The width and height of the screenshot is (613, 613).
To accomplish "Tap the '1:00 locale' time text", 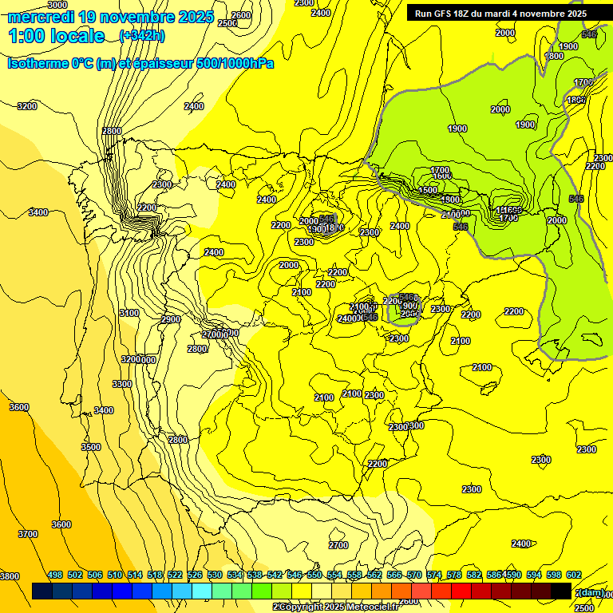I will [x=57, y=36].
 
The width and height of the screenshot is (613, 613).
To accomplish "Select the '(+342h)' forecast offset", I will [x=143, y=36].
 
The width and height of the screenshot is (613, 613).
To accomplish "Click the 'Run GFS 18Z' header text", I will [x=448, y=14].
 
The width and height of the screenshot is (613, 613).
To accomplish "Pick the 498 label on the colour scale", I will [x=55, y=575].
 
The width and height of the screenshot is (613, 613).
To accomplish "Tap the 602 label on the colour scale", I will [x=574, y=575].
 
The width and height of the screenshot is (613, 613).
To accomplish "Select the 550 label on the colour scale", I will [x=314, y=575].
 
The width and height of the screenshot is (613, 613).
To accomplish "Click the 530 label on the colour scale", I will [x=215, y=575].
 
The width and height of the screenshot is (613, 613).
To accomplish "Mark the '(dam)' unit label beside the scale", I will [x=589, y=592].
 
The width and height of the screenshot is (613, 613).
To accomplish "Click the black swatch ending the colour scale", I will [x=561, y=591].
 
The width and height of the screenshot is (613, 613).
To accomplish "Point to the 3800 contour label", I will [x=9, y=576].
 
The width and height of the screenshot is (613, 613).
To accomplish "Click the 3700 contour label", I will [x=28, y=534].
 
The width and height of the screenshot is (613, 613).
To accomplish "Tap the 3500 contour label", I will [x=91, y=448].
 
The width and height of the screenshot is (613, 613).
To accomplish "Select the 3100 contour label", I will [x=129, y=313].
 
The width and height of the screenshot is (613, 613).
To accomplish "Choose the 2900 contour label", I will [x=171, y=319].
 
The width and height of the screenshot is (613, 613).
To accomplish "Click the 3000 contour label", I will [x=57, y=5].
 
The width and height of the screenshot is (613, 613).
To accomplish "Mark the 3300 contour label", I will [x=122, y=384].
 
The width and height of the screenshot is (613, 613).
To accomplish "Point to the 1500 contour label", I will [x=429, y=190].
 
